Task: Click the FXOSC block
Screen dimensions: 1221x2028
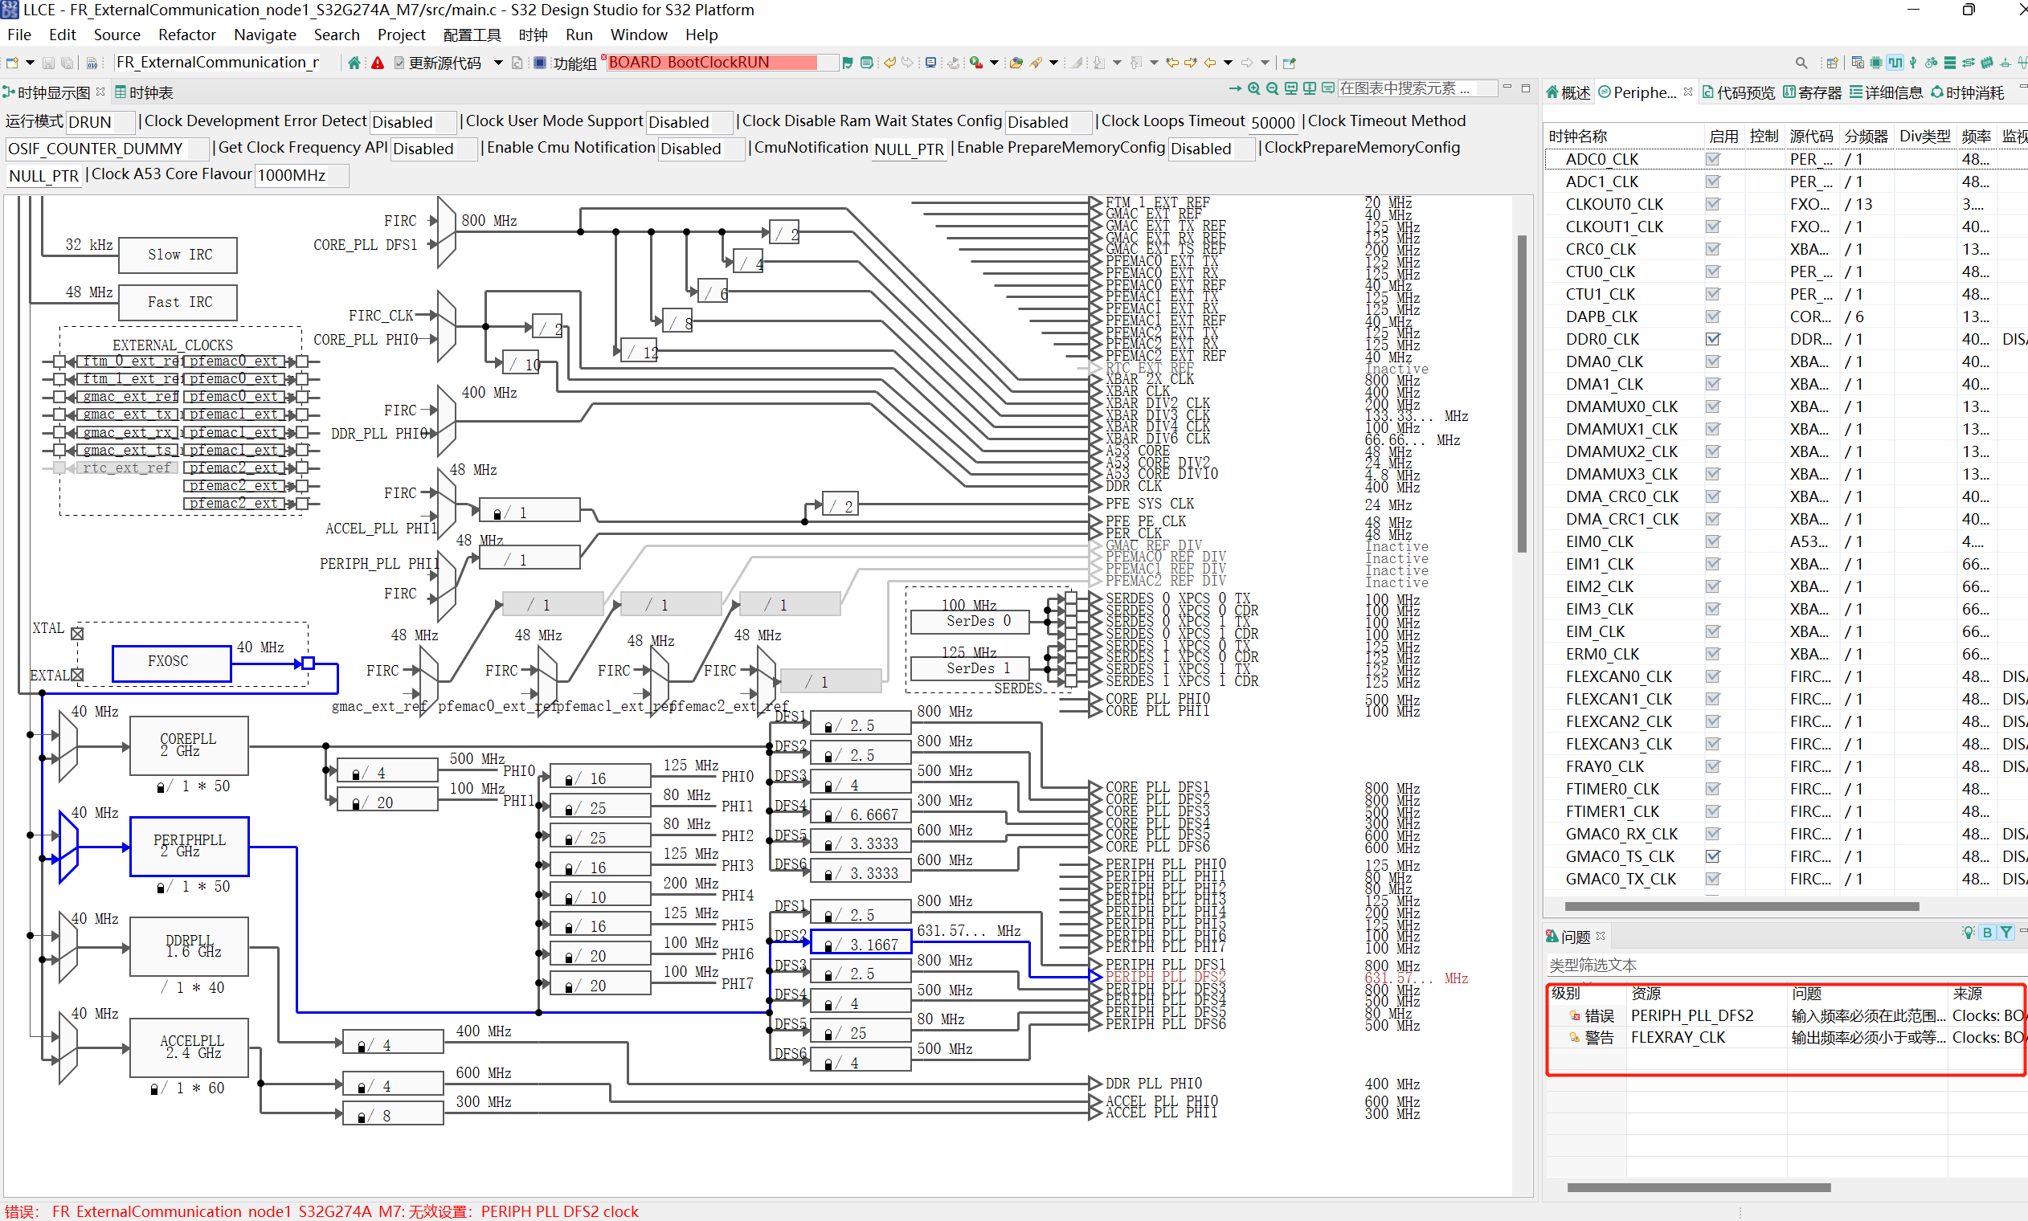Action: (x=170, y=663)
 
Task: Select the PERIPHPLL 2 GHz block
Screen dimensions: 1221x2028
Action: (x=190, y=846)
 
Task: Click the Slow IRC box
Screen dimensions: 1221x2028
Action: (x=178, y=255)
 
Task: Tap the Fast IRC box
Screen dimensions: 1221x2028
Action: (x=178, y=303)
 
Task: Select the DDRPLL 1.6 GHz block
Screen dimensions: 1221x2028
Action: (x=190, y=946)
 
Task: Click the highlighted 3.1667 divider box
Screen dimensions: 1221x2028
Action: (x=861, y=945)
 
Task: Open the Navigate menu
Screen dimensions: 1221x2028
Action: (x=264, y=35)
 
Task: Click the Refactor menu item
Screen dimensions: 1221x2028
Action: (x=186, y=35)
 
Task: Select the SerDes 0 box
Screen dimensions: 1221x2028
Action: (x=971, y=621)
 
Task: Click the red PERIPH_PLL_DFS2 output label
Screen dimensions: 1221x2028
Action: (x=1165, y=978)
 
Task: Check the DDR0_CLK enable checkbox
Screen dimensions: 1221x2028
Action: (x=1713, y=339)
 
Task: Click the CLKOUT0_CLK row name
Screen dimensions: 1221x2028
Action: (x=1613, y=204)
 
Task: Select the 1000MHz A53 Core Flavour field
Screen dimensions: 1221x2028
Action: (x=301, y=175)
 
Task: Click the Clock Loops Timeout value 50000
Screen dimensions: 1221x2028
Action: (x=1272, y=123)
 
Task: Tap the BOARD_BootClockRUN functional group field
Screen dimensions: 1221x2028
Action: (x=711, y=63)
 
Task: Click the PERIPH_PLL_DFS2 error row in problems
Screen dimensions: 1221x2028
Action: (x=1691, y=1015)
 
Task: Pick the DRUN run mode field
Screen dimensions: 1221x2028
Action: (x=99, y=123)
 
